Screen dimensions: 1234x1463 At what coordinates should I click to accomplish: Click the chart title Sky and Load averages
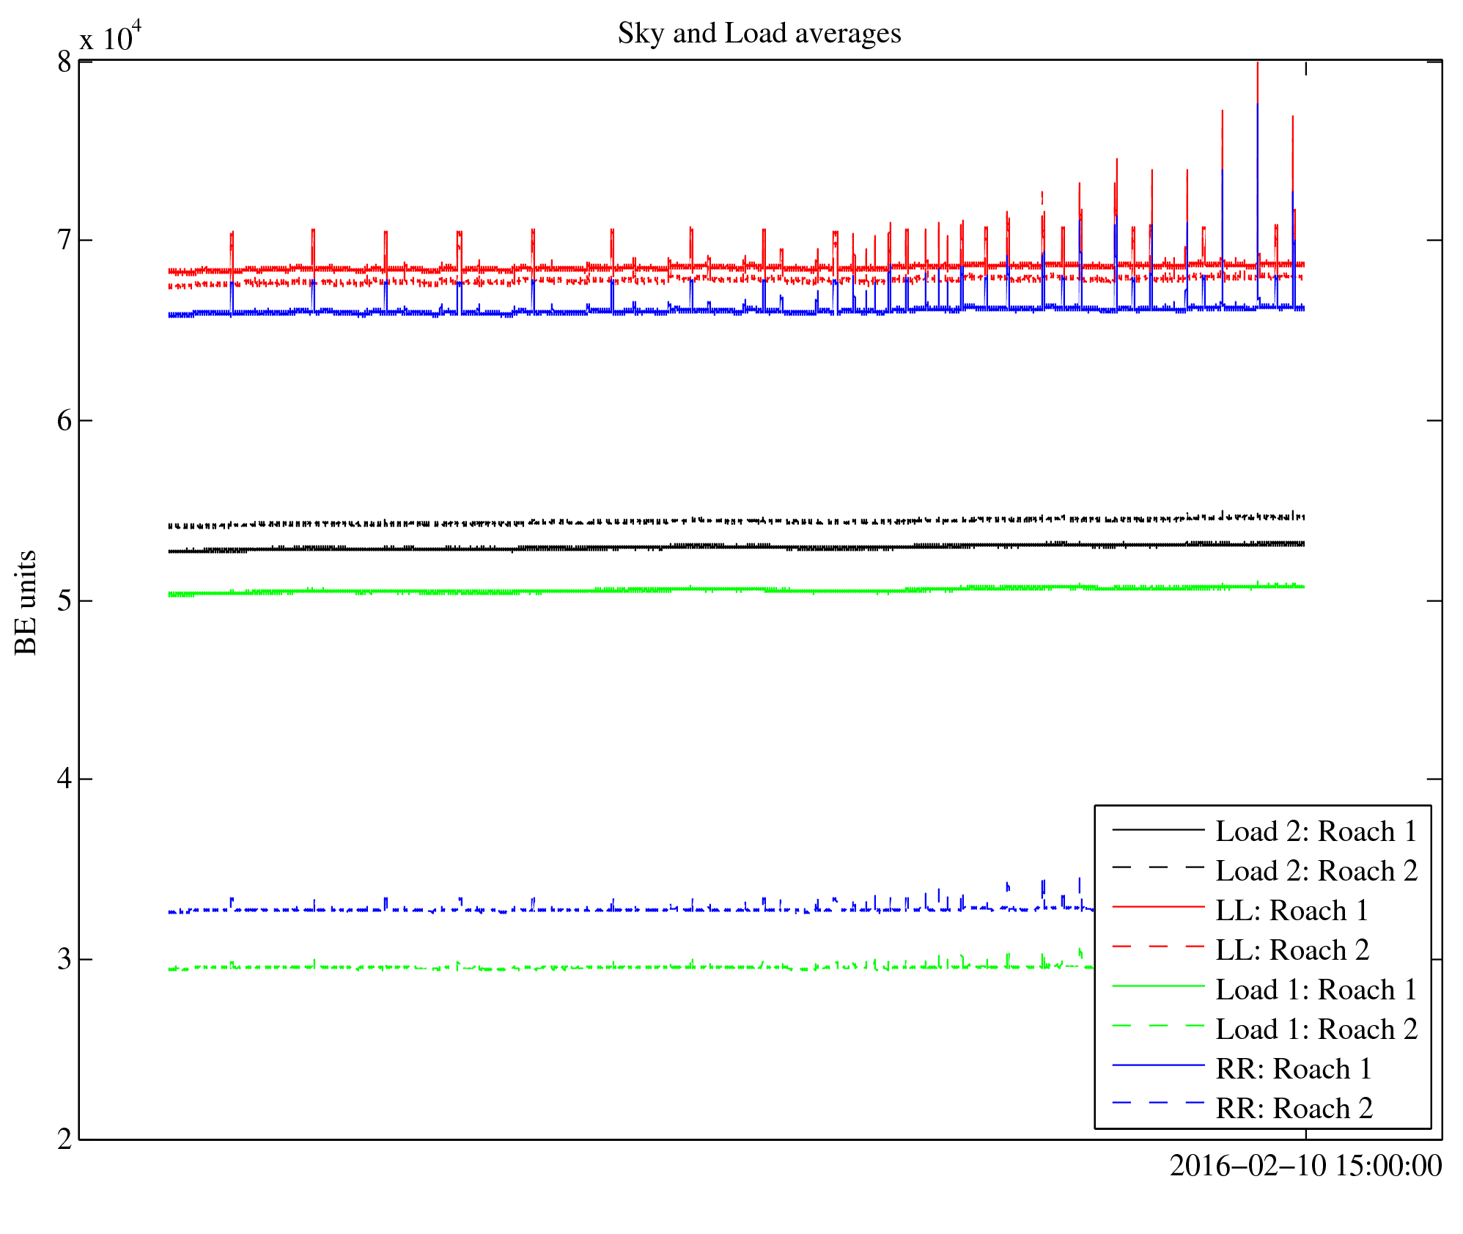pos(759,34)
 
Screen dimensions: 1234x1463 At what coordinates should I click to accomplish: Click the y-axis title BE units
pos(26,602)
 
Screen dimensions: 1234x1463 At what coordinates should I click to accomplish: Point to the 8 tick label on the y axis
pos(65,62)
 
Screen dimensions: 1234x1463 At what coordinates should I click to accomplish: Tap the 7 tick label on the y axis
pos(65,240)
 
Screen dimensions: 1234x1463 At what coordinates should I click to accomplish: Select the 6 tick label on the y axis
pos(65,421)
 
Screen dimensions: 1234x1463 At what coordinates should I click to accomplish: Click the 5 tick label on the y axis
pos(65,601)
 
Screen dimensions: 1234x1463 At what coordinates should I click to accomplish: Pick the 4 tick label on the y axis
pos(65,779)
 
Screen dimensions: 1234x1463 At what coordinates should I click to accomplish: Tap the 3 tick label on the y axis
pos(65,959)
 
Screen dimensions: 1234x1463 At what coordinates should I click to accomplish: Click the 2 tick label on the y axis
pos(65,1139)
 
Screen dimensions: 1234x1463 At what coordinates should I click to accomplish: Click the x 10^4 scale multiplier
pos(110,37)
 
